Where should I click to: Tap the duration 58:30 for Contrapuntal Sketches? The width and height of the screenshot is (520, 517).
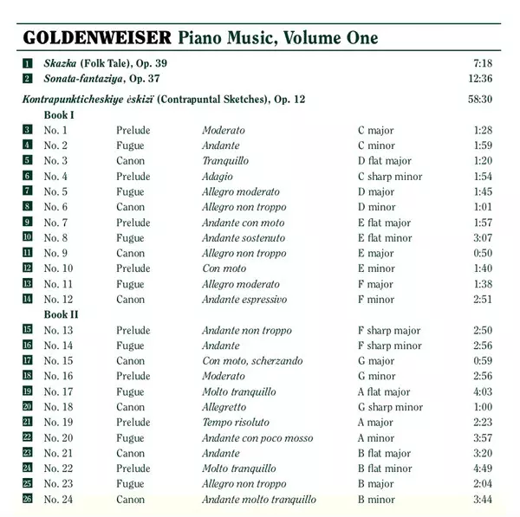[x=479, y=100]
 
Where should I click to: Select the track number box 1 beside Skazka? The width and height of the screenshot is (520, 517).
[x=28, y=63]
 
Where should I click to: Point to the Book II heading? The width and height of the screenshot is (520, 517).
[x=62, y=314]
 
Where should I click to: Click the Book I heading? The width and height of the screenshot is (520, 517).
[x=60, y=115]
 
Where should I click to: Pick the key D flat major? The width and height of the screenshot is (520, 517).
[x=385, y=161]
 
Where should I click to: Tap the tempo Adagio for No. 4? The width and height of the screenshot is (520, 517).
[x=218, y=177]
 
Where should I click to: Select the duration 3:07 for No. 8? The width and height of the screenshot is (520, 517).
[x=483, y=238]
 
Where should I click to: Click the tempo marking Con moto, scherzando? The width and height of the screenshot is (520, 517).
[x=253, y=361]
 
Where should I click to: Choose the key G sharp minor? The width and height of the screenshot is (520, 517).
[x=389, y=407]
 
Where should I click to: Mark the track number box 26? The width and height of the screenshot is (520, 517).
[x=28, y=500]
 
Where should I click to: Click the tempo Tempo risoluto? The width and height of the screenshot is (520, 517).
[x=237, y=423]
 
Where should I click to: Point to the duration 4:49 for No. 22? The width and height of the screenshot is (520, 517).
[x=483, y=469]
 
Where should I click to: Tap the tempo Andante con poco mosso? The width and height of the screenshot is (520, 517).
[x=257, y=438]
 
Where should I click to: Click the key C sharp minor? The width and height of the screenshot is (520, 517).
[x=390, y=177]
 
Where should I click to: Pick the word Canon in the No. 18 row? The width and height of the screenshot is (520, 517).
[x=131, y=407]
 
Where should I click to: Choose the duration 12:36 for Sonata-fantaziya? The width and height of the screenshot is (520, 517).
[x=479, y=79]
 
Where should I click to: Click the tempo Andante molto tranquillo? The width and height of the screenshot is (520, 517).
[x=259, y=500]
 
